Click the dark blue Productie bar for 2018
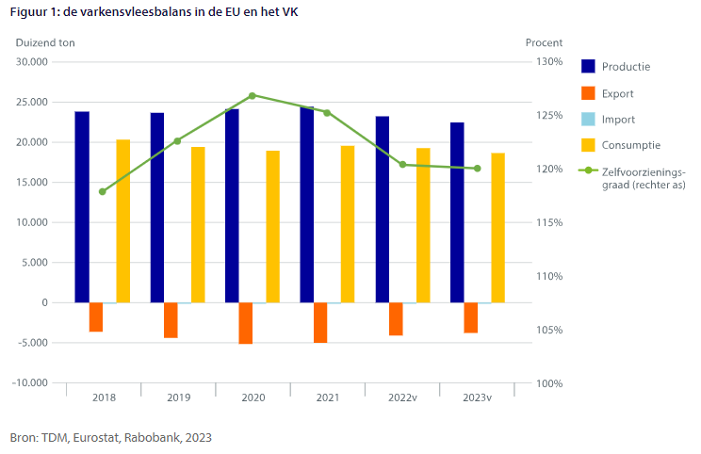coord(82,207)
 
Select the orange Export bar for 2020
coord(246,323)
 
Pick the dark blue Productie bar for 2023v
coord(457,213)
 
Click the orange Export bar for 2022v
coord(396,319)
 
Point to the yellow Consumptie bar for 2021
coord(348,224)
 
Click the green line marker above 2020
coord(253,95)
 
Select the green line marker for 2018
coord(103,191)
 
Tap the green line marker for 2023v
coord(478,169)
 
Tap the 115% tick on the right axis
coord(550,222)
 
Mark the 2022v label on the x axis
coord(402,398)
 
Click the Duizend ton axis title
coord(45,42)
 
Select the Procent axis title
coord(544,42)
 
